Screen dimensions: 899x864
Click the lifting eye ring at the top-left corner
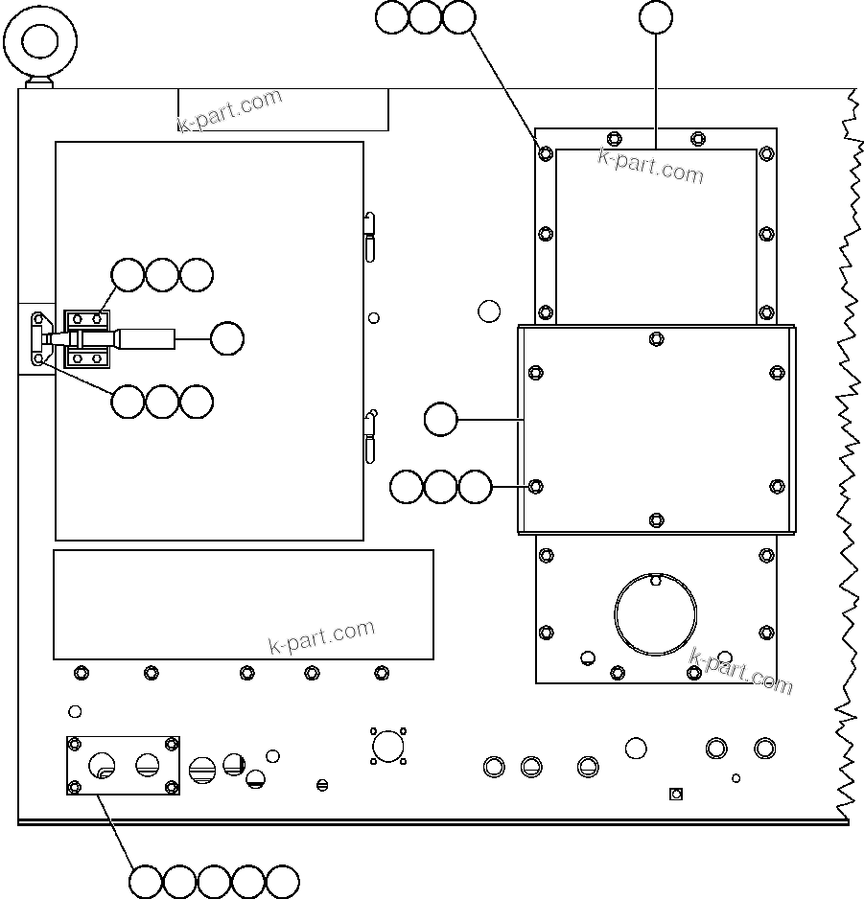tap(40, 41)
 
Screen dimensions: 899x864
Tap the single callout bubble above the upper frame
tap(656, 17)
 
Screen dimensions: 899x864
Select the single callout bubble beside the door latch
tap(226, 338)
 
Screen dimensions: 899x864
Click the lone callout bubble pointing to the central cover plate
tap(440, 420)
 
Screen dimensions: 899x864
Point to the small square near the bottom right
tap(675, 794)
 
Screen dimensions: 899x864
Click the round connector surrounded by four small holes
tap(387, 746)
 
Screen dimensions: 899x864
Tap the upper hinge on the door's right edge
tap(369, 235)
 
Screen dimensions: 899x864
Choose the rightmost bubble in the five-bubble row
tap(283, 882)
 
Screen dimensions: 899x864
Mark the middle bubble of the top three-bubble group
tap(426, 17)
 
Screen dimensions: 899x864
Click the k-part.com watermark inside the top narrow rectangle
tap(230, 110)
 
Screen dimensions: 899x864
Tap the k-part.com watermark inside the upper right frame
tap(650, 165)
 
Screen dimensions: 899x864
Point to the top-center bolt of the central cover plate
tap(656, 338)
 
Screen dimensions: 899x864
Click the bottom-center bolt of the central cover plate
tap(656, 519)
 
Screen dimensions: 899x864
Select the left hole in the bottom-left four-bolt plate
tap(103, 765)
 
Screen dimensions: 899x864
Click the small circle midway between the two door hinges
tap(374, 318)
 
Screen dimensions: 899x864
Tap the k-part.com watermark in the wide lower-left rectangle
tap(321, 637)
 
